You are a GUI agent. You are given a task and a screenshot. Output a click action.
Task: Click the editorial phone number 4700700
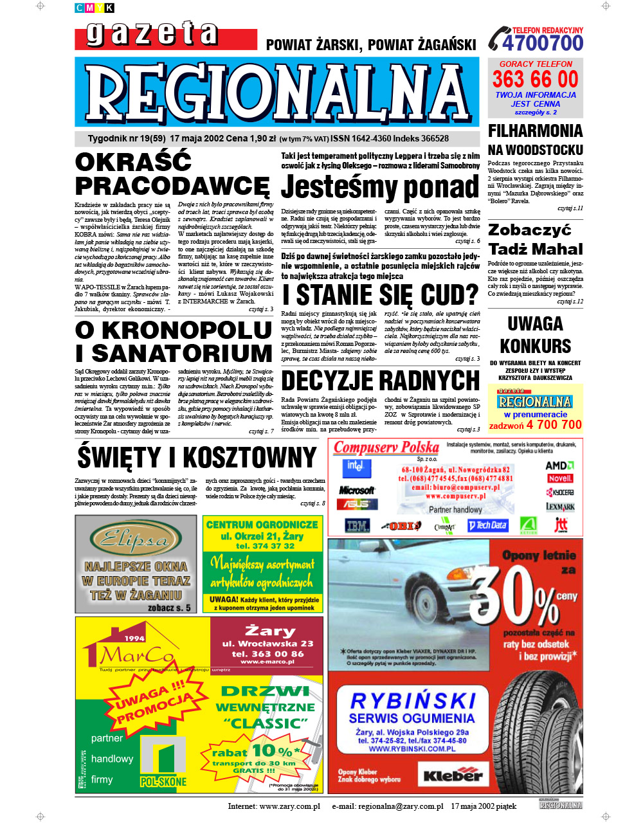(x=543, y=44)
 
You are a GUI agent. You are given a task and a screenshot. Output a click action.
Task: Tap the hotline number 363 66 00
(x=535, y=79)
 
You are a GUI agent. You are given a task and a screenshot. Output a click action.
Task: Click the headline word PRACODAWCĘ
(x=172, y=186)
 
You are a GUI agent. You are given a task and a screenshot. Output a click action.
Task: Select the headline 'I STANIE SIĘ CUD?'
(x=380, y=295)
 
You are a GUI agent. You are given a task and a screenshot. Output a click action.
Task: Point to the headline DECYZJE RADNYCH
(x=380, y=381)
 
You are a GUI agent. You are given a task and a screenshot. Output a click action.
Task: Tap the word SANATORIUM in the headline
(x=183, y=354)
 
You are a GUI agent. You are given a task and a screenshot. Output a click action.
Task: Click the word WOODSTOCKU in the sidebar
(x=535, y=150)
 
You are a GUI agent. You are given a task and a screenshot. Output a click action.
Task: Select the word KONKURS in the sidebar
(x=535, y=346)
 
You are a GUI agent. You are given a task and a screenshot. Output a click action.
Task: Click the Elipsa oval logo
(x=136, y=539)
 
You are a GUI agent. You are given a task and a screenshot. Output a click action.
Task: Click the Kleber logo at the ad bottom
(x=453, y=774)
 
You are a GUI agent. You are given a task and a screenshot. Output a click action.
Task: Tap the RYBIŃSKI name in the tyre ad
(x=412, y=700)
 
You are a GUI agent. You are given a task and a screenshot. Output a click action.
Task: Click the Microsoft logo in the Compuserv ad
(x=356, y=490)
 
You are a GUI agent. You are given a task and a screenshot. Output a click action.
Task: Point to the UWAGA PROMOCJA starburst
(x=154, y=705)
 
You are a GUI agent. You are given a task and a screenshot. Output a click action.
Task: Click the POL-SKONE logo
(x=164, y=763)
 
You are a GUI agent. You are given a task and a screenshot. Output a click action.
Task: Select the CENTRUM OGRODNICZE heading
(x=262, y=525)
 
